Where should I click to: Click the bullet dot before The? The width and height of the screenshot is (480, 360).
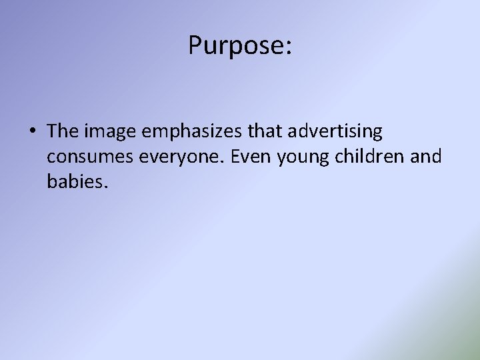32,131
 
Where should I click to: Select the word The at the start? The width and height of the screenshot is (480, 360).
63,131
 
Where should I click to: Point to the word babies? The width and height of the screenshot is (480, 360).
74,181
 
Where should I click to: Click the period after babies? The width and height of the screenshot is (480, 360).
105,187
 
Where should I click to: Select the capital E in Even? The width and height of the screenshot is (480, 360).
213,156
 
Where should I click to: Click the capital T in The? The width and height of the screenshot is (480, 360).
53,131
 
